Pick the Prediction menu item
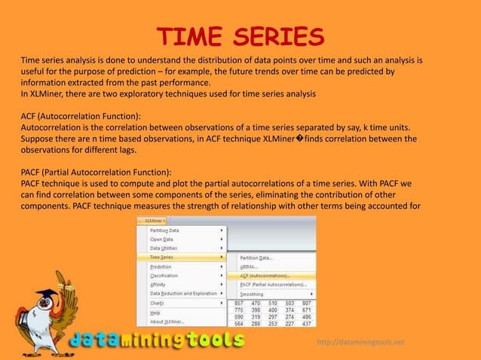click(x=161, y=267)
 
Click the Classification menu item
click(x=164, y=276)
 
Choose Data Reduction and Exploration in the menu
click(x=183, y=294)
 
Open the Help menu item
click(x=155, y=312)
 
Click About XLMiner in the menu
click(x=167, y=321)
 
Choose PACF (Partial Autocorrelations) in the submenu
click(x=277, y=285)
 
